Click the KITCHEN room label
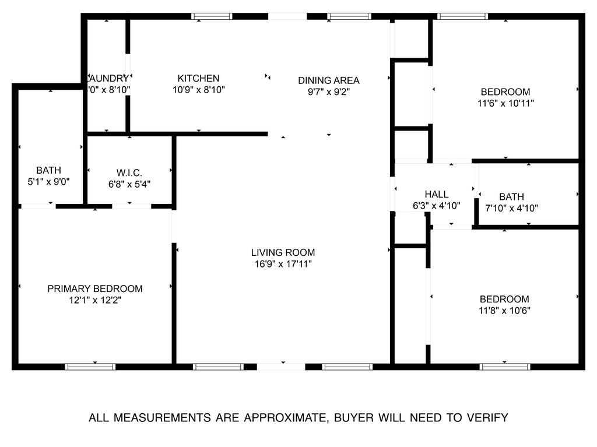click(198, 78)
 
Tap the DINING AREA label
click(329, 80)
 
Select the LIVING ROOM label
click(283, 252)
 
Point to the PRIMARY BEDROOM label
click(95, 288)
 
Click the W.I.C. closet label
click(129, 173)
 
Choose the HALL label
click(437, 194)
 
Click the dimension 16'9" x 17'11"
click(283, 264)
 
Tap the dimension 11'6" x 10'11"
click(505, 103)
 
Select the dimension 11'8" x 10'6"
click(504, 311)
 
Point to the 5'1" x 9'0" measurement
click(48, 181)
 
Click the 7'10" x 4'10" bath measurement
click(511, 208)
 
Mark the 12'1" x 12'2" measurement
click(95, 300)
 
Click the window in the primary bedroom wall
click(90, 367)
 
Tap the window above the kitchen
click(212, 16)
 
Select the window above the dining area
click(349, 16)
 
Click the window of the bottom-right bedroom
click(505, 367)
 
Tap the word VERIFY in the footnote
click(486, 417)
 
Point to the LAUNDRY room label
click(108, 78)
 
